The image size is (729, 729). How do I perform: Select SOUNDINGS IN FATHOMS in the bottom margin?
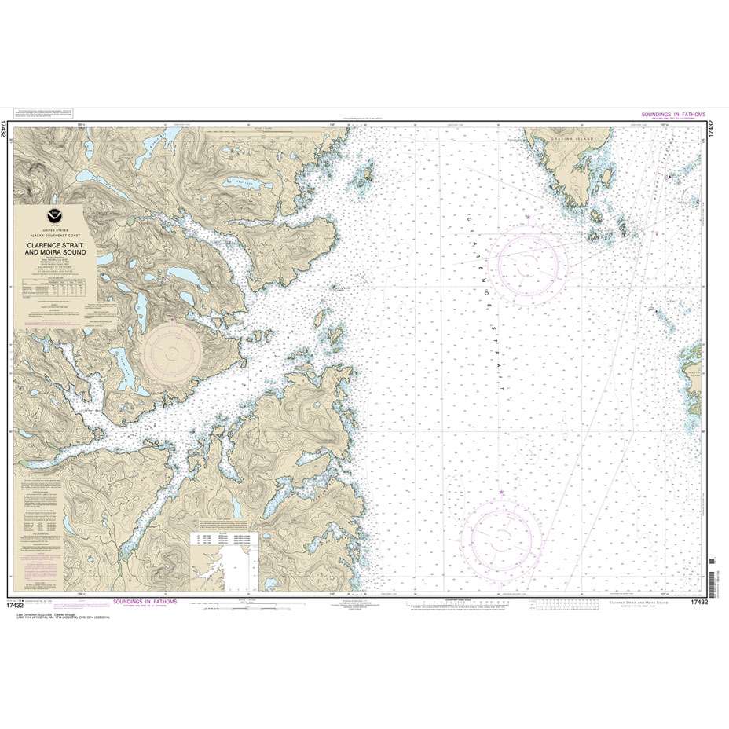coord(145,601)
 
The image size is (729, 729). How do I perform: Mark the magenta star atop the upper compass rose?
coord(528,217)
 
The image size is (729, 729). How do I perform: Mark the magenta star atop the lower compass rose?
coord(501,493)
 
